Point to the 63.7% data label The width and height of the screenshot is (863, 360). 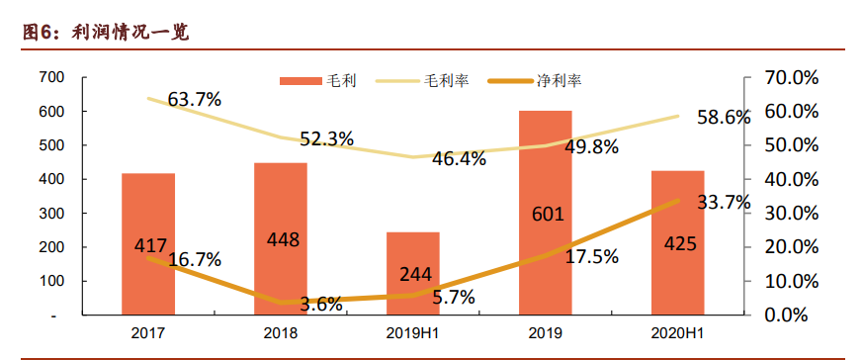195,99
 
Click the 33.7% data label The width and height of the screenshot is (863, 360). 724,203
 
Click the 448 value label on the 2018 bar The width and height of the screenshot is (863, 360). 282,239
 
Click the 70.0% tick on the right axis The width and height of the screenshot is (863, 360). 791,77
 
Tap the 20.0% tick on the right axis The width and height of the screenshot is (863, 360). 791,247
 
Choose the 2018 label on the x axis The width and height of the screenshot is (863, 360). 281,334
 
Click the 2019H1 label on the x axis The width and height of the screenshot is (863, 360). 412,334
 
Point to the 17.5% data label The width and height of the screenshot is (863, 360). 591,256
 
